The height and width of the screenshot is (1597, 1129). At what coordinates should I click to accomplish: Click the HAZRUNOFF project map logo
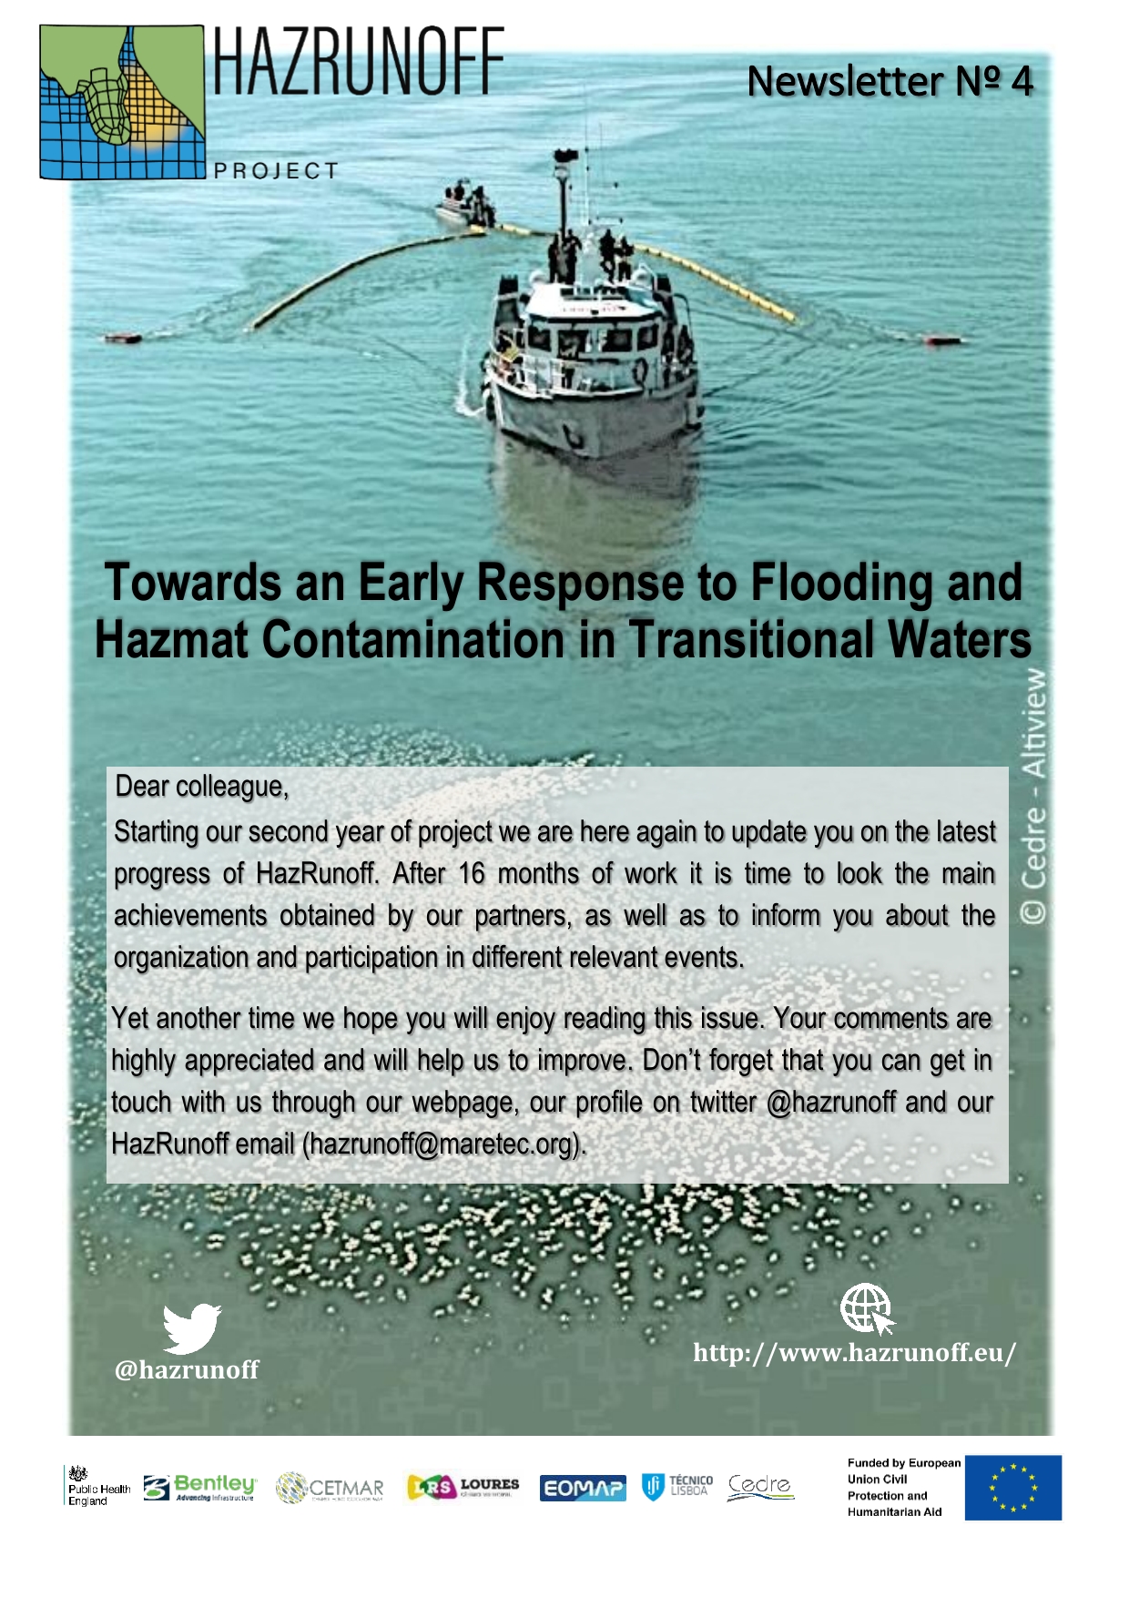(x=122, y=102)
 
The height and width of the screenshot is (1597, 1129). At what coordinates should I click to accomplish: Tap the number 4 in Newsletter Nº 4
(x=1022, y=82)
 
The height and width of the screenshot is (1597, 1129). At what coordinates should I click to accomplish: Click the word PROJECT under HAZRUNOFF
(x=276, y=171)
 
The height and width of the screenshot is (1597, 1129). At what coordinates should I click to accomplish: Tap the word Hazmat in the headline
(x=170, y=640)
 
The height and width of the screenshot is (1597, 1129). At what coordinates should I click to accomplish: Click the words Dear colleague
(x=201, y=787)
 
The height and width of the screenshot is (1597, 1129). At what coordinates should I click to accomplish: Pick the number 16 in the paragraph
(x=472, y=874)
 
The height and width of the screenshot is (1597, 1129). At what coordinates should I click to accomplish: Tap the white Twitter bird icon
(x=191, y=1328)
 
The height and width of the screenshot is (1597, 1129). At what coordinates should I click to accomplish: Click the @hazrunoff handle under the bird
(x=187, y=1370)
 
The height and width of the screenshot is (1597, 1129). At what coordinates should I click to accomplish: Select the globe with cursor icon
(x=867, y=1309)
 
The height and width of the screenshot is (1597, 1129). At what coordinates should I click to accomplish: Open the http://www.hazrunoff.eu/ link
(x=854, y=1353)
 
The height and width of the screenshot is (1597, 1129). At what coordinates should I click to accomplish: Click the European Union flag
(x=1012, y=1488)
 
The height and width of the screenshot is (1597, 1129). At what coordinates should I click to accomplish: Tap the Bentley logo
(x=200, y=1488)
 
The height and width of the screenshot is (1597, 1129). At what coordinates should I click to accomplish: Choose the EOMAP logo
(x=583, y=1488)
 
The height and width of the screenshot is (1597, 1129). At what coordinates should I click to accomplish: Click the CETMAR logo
(x=330, y=1488)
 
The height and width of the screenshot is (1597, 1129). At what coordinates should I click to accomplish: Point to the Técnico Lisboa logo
(x=677, y=1487)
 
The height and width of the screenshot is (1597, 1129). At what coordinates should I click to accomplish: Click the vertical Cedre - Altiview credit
(x=1033, y=797)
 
